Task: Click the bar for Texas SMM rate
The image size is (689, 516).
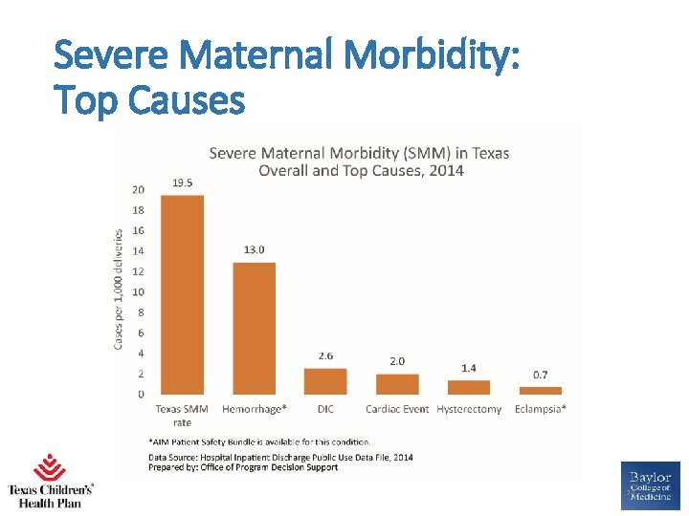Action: [x=182, y=294]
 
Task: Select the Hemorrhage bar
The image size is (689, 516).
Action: [x=254, y=328]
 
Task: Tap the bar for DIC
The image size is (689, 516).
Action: [x=325, y=381]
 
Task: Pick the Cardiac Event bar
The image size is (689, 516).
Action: [x=397, y=384]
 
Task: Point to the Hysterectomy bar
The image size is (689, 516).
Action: [x=469, y=387]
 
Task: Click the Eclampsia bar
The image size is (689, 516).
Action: [x=541, y=390]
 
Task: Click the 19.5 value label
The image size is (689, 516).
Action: [x=183, y=183]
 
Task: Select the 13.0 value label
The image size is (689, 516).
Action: [x=255, y=249]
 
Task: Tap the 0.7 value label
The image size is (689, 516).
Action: [x=541, y=375]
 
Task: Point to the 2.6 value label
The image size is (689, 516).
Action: [x=326, y=355]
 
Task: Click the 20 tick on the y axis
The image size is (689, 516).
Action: [x=139, y=189]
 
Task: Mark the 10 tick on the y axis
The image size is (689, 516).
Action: [x=139, y=291]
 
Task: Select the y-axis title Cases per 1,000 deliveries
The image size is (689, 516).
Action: [x=119, y=288]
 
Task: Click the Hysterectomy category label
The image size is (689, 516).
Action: [x=469, y=409]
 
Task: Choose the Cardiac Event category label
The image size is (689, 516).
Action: [x=397, y=409]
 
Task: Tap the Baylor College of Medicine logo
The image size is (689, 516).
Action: [x=651, y=485]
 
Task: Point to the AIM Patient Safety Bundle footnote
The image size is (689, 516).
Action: [x=258, y=441]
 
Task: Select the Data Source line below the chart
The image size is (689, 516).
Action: [x=280, y=457]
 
